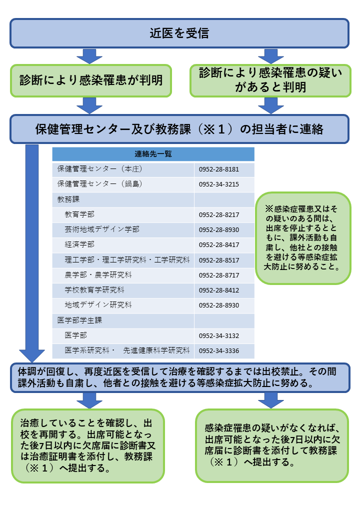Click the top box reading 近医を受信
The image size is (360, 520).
[179, 33]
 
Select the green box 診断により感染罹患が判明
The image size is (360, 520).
[91, 80]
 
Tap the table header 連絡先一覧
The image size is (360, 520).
[153, 154]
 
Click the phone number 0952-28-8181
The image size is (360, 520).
[219, 169]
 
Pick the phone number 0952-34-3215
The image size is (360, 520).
[219, 184]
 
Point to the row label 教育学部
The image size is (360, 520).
[79, 214]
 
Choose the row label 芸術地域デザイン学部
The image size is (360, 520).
[102, 229]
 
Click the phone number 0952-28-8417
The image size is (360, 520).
[219, 245]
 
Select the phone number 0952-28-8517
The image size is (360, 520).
[219, 260]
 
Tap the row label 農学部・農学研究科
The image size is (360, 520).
[98, 275]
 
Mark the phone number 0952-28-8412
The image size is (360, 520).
[219, 290]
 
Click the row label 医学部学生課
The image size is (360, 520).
[79, 320]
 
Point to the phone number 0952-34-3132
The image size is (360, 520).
[219, 336]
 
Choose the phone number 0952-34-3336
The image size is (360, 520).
[219, 351]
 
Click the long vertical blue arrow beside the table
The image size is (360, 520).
[32, 252]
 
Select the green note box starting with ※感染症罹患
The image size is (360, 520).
[303, 238]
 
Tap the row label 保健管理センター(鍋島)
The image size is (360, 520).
[99, 184]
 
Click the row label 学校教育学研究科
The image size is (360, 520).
[94, 290]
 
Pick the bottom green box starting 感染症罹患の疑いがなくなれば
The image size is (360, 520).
[272, 445]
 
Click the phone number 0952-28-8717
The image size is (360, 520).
[219, 275]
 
